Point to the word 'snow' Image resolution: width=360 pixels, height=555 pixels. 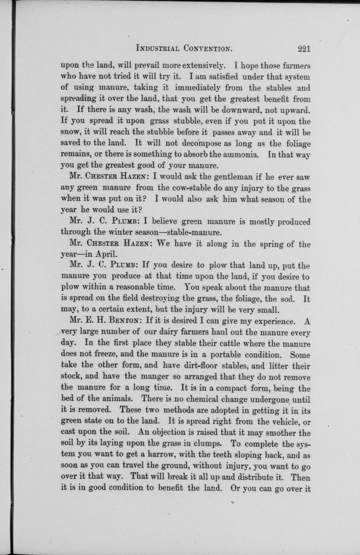click(x=70, y=133)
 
